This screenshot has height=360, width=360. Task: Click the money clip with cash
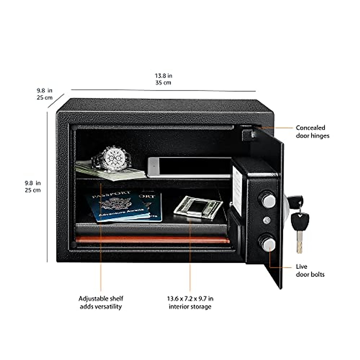(x=198, y=207)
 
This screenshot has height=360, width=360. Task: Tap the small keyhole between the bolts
(x=267, y=220)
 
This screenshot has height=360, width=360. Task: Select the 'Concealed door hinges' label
(x=312, y=132)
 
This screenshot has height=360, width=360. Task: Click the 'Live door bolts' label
(x=310, y=270)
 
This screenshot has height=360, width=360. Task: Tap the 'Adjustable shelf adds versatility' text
(x=101, y=302)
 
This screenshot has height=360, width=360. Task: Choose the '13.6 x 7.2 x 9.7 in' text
(x=190, y=298)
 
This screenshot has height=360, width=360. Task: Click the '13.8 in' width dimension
(x=163, y=76)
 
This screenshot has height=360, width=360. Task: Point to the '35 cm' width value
(x=163, y=82)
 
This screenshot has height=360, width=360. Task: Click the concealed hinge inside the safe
(x=249, y=134)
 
